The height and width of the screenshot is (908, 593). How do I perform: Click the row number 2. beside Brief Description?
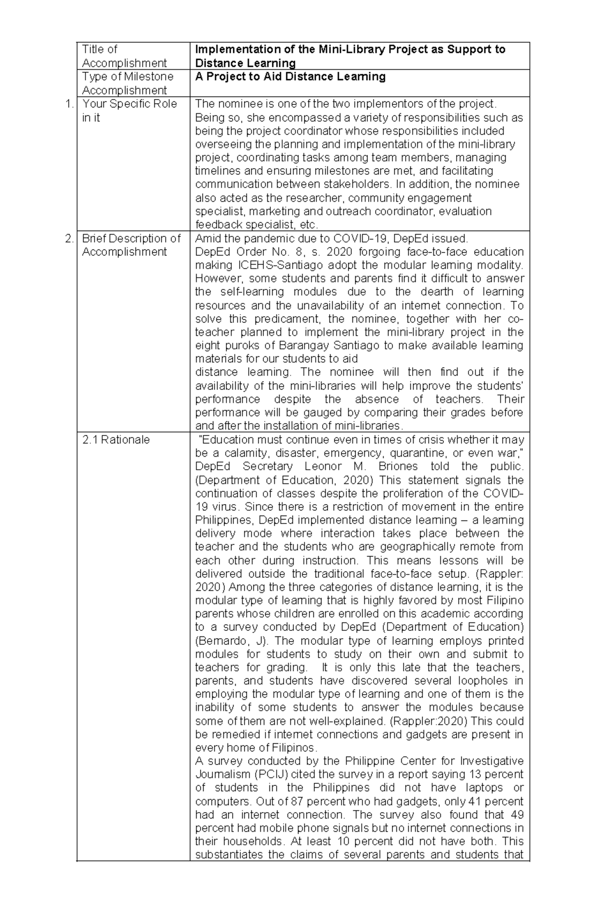(70, 239)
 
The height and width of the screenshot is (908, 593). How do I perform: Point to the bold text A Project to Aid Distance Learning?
(290, 77)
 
